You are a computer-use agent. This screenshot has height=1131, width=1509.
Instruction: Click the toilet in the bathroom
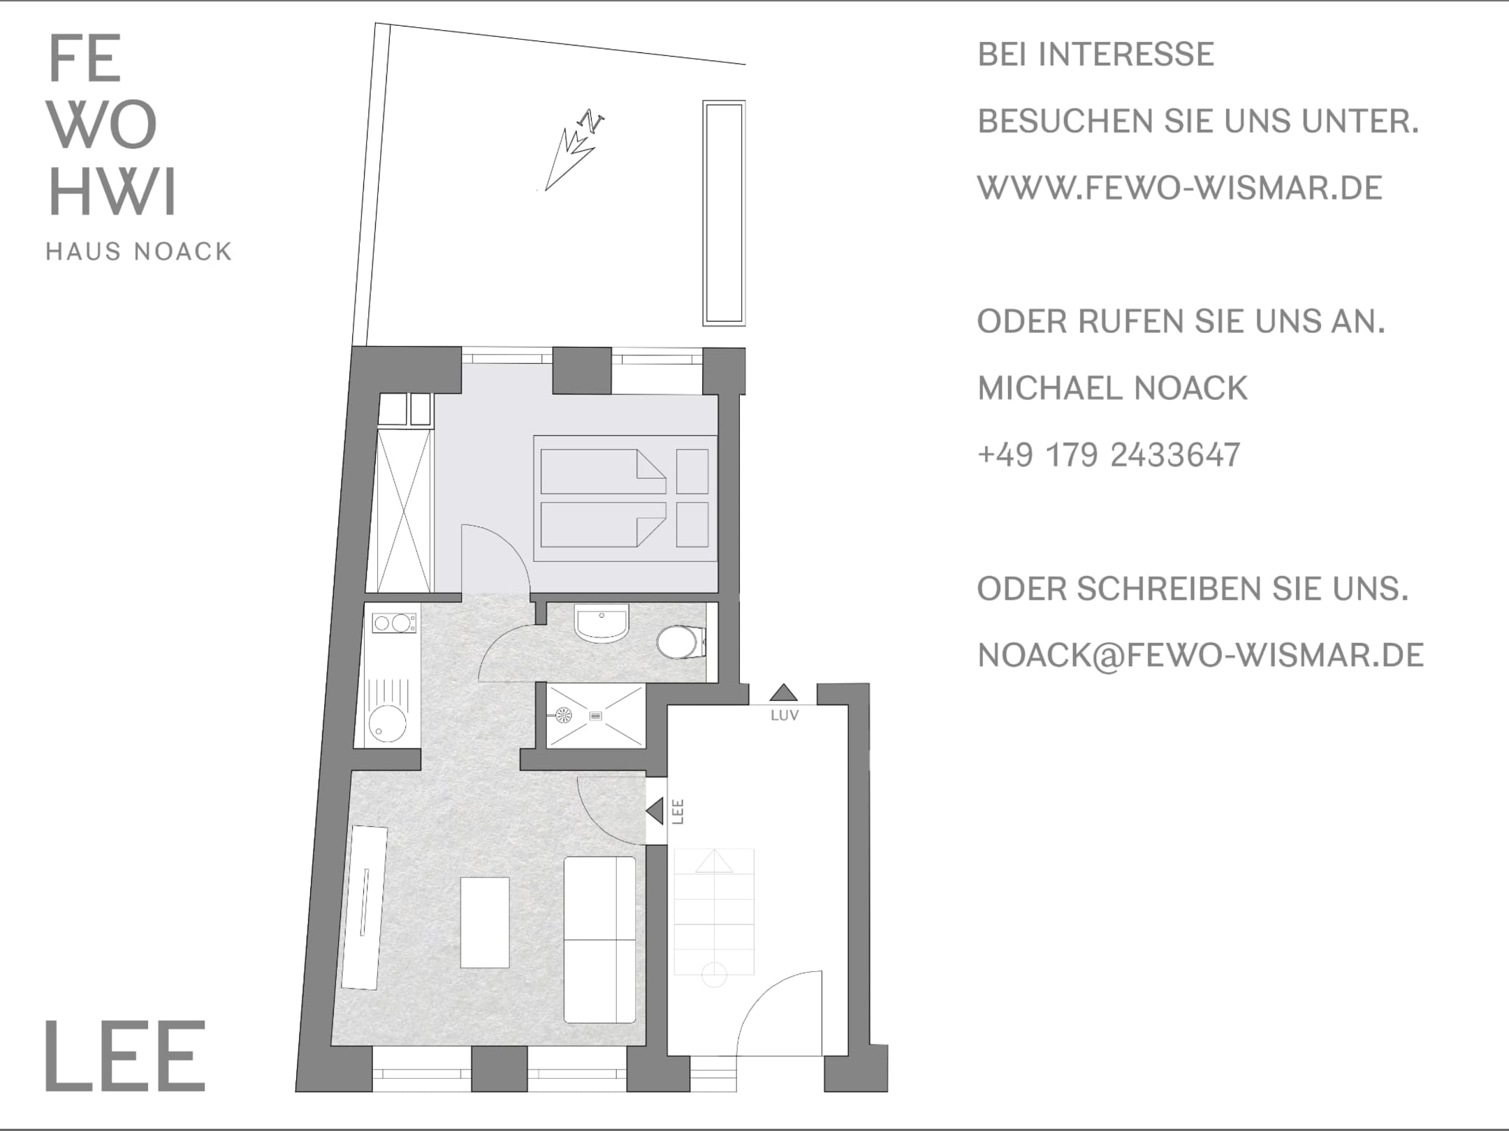(x=682, y=642)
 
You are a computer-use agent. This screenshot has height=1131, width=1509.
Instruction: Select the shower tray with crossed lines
(x=595, y=716)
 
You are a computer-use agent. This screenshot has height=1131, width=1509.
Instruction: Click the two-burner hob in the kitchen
(x=394, y=623)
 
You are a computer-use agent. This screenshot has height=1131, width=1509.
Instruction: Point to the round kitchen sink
(x=388, y=723)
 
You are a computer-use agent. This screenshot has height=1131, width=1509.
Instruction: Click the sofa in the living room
(x=600, y=940)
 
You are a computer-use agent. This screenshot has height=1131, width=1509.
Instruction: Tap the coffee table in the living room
(x=485, y=922)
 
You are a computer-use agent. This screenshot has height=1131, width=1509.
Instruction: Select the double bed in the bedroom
(x=625, y=498)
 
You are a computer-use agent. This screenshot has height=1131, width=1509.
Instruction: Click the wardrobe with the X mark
(x=404, y=512)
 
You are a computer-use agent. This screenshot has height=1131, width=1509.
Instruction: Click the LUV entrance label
(x=784, y=716)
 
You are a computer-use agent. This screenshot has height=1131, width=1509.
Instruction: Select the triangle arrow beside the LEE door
(x=655, y=811)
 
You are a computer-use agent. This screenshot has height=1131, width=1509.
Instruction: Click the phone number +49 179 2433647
(x=1109, y=455)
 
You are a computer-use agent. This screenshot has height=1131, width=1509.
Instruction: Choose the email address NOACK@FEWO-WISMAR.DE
(x=1200, y=656)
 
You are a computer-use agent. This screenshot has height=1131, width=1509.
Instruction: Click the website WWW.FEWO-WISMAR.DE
(x=1180, y=188)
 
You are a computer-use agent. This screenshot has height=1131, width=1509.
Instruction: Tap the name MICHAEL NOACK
(x=1112, y=388)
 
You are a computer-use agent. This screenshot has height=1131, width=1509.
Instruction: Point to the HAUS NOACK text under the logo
(x=138, y=251)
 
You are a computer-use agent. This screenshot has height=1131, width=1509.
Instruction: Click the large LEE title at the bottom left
(x=126, y=1055)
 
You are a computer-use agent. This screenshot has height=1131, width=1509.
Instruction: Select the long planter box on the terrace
(x=724, y=213)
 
